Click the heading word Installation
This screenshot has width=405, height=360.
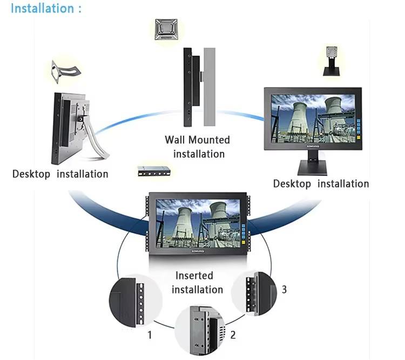pyautogui.click(x=42, y=9)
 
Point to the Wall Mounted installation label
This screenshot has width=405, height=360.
pyautogui.click(x=198, y=147)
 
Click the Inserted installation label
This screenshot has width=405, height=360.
pyautogui.click(x=197, y=283)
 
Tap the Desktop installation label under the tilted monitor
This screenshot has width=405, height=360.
pyautogui.click(x=60, y=174)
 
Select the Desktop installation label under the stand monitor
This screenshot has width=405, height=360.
pyautogui.click(x=321, y=184)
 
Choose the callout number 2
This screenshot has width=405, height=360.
pyautogui.click(x=233, y=335)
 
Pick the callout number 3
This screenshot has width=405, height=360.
pyautogui.click(x=284, y=289)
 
